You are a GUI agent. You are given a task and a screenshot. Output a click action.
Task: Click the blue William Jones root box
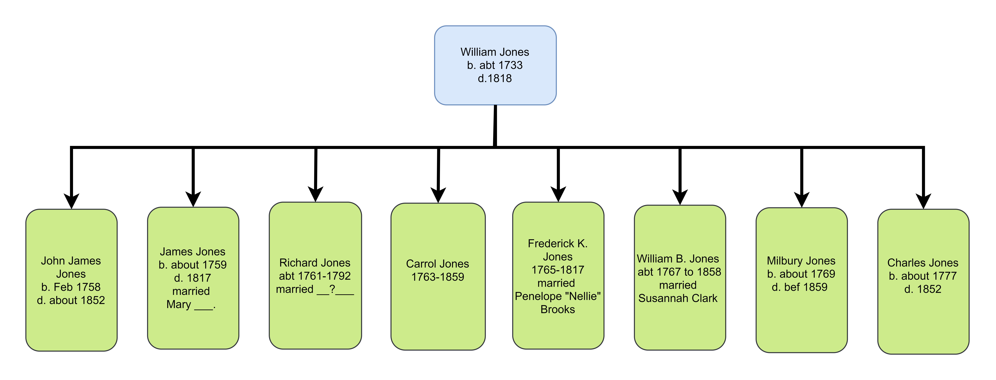[495, 65]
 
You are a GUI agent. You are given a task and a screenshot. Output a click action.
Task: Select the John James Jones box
[72, 280]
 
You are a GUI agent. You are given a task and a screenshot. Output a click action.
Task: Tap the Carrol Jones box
[438, 277]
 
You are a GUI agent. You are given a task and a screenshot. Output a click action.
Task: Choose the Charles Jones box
[923, 281]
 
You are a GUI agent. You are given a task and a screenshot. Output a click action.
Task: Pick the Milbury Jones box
[801, 280]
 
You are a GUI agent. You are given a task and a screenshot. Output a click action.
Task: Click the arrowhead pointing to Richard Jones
[316, 194]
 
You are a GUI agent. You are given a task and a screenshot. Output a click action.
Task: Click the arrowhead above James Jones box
[193, 199]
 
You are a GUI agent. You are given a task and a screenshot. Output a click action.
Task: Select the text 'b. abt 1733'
[495, 65]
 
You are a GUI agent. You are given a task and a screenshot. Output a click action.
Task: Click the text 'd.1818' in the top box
[495, 78]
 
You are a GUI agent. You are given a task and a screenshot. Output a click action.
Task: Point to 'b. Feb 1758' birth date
[71, 287]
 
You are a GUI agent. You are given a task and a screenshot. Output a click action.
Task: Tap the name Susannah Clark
[678, 298]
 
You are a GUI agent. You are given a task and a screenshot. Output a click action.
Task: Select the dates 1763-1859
[438, 277]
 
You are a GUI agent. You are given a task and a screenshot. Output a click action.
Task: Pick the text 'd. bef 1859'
[800, 287]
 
